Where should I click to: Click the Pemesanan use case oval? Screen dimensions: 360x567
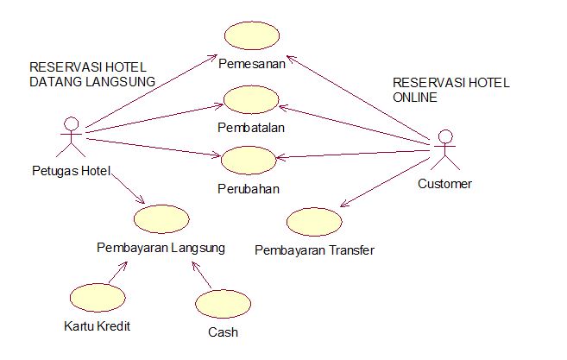coord(250,35)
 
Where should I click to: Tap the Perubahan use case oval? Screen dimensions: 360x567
coord(249,161)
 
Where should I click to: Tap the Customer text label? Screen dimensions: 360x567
coord(444,184)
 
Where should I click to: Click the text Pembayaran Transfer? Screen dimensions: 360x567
coord(315,251)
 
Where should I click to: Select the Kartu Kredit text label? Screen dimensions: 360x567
coord(98,327)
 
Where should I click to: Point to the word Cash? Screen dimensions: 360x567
coord(223,332)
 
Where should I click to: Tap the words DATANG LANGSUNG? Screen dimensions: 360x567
coord(91,81)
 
